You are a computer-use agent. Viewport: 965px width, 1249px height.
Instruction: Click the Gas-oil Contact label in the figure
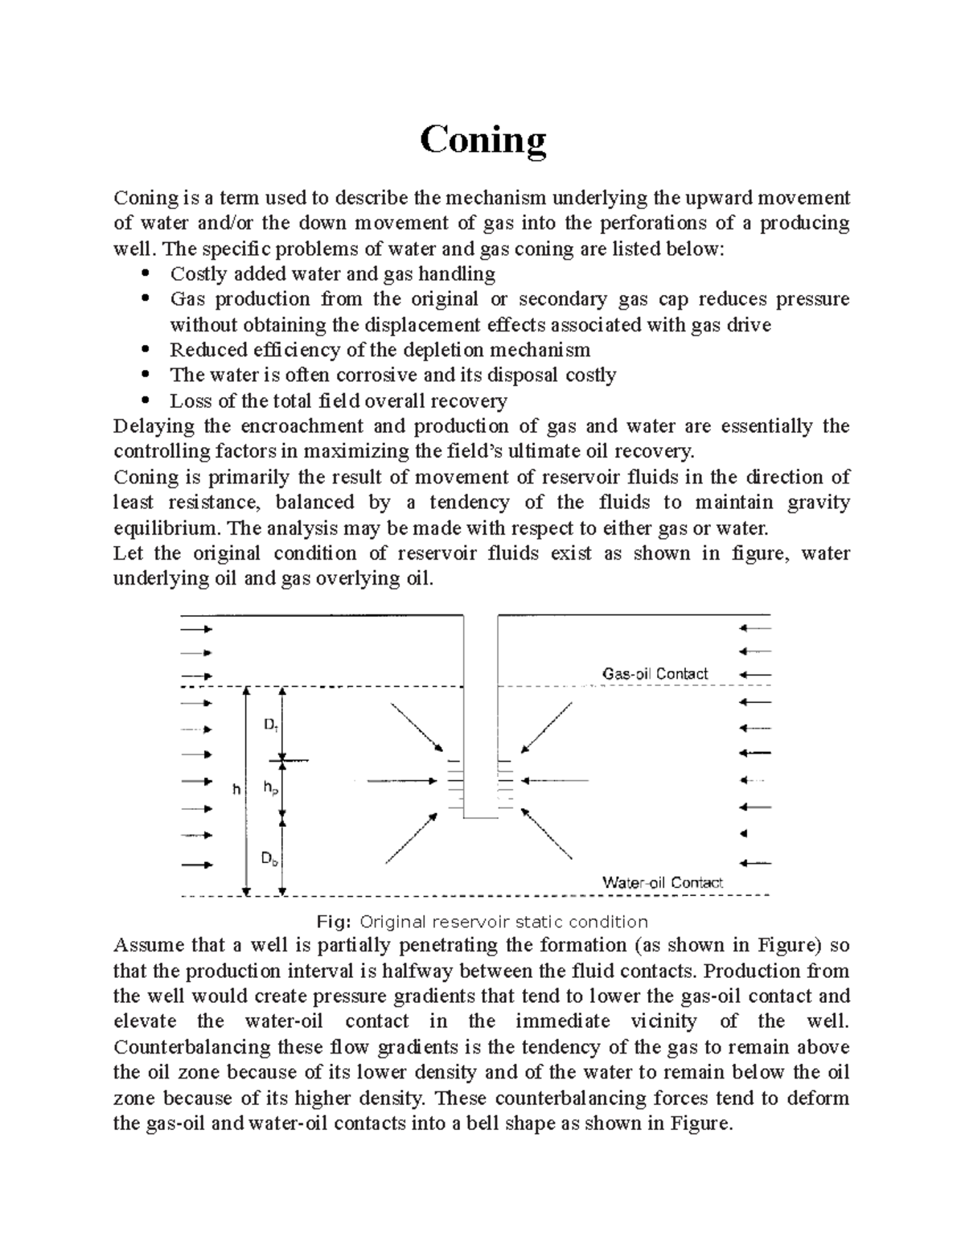click(x=655, y=674)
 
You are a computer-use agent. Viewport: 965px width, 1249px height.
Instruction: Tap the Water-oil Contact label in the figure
click(x=663, y=882)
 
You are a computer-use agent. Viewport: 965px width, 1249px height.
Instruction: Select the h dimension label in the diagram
click(x=236, y=789)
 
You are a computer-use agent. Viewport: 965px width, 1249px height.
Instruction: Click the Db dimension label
click(x=270, y=859)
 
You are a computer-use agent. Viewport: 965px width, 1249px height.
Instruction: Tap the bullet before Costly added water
click(x=146, y=274)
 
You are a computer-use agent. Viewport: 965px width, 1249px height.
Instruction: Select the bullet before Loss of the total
click(x=146, y=401)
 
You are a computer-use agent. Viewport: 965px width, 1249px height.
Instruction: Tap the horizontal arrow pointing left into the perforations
click(x=555, y=780)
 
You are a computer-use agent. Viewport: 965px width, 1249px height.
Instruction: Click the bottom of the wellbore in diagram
click(x=480, y=817)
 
